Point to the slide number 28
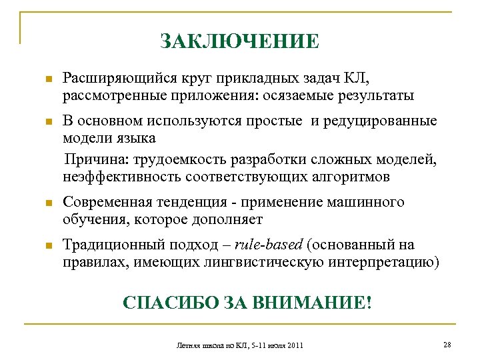click(x=447, y=344)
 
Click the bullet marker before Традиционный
click(x=47, y=246)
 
